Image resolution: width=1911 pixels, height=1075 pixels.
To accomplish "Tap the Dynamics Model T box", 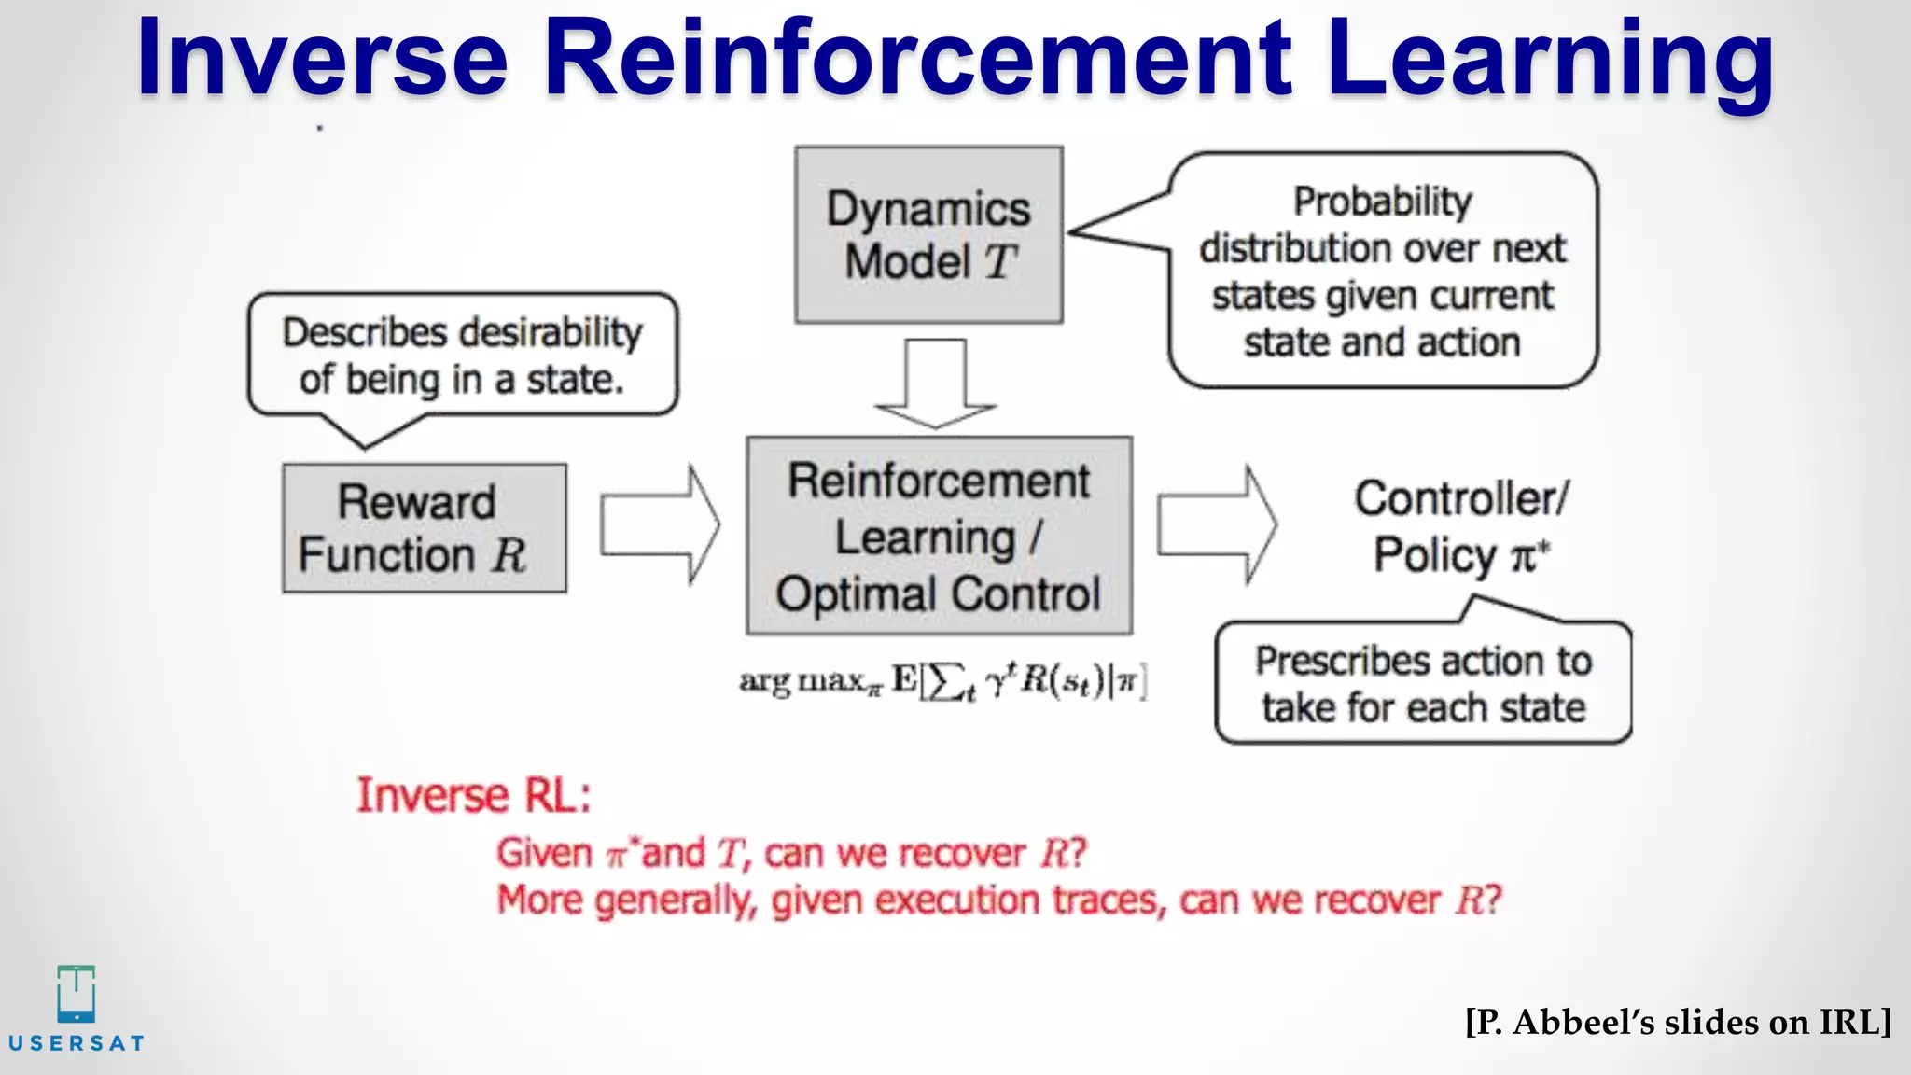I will [x=928, y=235].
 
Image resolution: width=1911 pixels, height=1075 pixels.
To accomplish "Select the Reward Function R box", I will [x=425, y=528].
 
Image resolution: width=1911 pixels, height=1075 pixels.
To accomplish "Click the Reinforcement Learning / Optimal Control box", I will [x=939, y=537].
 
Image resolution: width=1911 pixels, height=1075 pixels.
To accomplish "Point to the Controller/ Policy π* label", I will [x=1460, y=526].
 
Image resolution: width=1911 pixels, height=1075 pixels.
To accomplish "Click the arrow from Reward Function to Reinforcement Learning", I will [x=659, y=525].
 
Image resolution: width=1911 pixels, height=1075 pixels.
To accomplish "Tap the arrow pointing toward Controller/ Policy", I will [x=1216, y=525].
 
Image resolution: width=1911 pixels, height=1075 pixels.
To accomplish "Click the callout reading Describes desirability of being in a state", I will [x=462, y=356].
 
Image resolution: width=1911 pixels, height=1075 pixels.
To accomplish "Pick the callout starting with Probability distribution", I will [x=1382, y=271].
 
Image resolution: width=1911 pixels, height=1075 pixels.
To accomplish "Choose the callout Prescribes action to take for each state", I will [x=1423, y=684].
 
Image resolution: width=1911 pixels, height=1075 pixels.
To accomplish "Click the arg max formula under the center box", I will [x=942, y=681].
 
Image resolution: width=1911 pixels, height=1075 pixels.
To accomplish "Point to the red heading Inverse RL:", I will [x=474, y=796].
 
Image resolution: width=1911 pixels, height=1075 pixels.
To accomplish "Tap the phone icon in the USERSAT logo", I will [x=76, y=994].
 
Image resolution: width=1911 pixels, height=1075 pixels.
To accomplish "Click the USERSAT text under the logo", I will [x=76, y=1043].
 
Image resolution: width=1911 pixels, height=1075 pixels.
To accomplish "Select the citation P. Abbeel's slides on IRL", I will [x=1677, y=1022].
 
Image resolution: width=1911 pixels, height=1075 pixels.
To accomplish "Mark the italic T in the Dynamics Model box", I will [x=999, y=262].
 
